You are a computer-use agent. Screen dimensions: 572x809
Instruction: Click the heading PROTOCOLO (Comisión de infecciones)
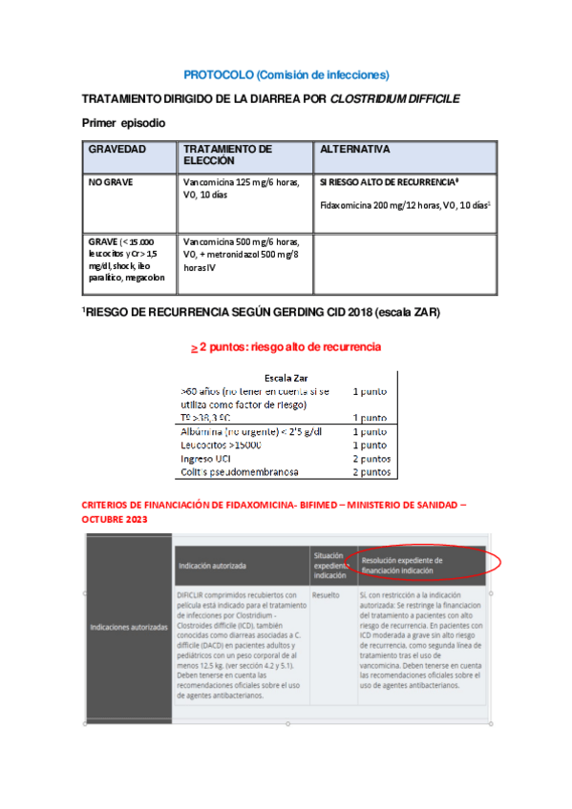click(x=286, y=74)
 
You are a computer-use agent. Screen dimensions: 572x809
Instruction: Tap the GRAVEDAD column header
click(x=117, y=150)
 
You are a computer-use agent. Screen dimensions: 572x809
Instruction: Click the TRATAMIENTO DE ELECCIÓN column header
click(x=227, y=156)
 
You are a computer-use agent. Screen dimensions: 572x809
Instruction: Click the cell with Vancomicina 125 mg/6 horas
click(x=241, y=187)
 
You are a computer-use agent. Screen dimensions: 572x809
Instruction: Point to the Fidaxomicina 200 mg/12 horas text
click(x=404, y=205)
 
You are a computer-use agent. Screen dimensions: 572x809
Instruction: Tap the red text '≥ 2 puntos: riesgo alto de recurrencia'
click(x=286, y=347)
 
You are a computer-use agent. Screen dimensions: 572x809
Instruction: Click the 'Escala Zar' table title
click(x=286, y=378)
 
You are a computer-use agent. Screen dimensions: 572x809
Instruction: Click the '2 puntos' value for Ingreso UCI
click(x=371, y=458)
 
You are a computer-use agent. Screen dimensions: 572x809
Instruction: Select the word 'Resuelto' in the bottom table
click(x=326, y=594)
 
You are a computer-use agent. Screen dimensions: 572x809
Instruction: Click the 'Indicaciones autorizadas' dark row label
click(x=129, y=628)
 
